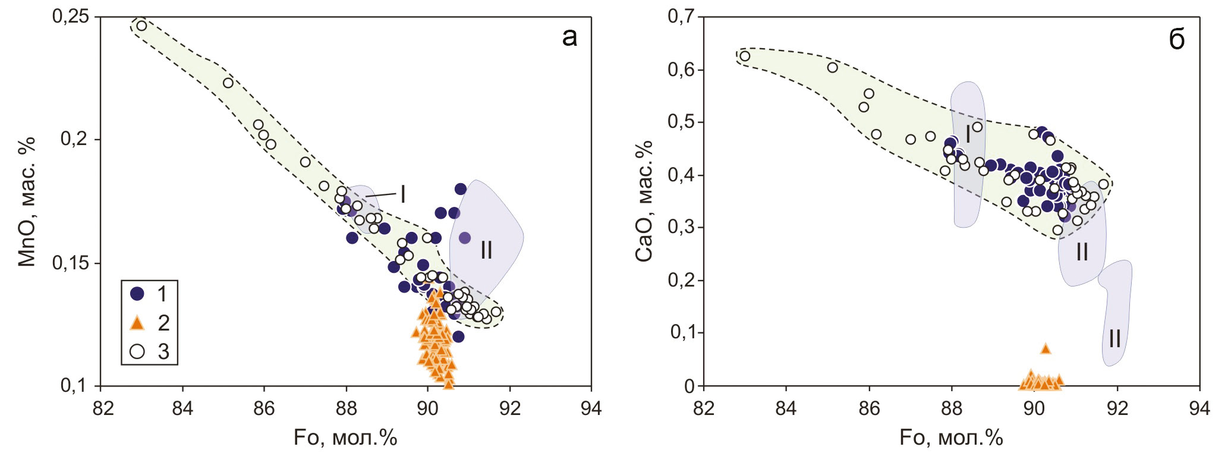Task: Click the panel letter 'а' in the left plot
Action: [569, 37]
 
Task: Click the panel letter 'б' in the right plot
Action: [1176, 39]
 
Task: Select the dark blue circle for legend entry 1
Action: [137, 293]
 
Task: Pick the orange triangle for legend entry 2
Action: [137, 323]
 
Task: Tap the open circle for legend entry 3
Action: [137, 351]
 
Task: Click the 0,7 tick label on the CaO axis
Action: [681, 17]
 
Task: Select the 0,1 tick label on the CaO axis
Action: [681, 332]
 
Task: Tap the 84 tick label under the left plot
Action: [182, 408]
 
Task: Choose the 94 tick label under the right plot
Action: [1199, 408]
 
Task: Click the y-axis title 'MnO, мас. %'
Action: [27, 202]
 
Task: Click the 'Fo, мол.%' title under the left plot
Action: [345, 438]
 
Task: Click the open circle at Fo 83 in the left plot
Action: [141, 26]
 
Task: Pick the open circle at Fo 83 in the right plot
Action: [745, 56]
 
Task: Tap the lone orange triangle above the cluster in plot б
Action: [1046, 349]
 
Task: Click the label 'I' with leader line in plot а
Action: [402, 194]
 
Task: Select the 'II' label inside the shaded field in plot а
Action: [486, 250]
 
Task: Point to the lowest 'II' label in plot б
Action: [1114, 339]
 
